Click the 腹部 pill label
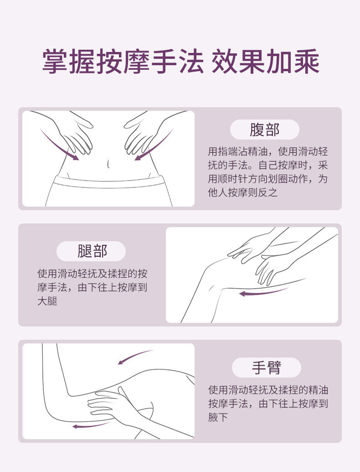pyautogui.click(x=264, y=130)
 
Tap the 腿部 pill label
pyautogui.click(x=91, y=251)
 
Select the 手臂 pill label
pyautogui.click(x=267, y=368)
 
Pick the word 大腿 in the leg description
pyautogui.click(x=47, y=301)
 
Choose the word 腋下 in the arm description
pyautogui.click(x=218, y=417)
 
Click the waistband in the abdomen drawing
pyautogui.click(x=109, y=182)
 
